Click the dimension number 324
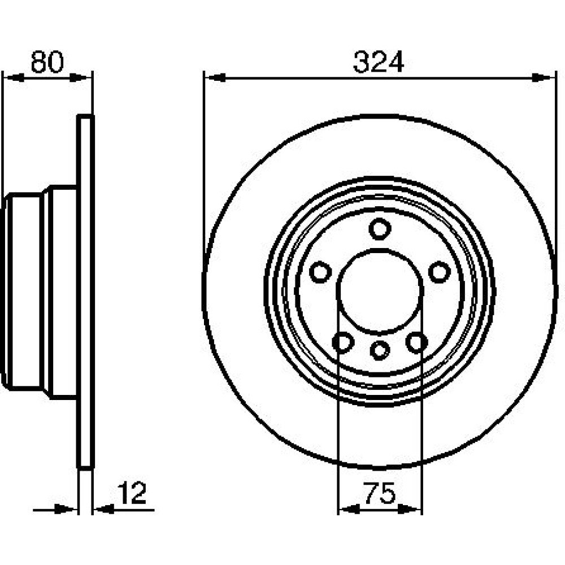click(x=379, y=62)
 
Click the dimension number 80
click(x=47, y=62)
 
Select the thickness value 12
click(x=132, y=493)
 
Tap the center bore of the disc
click(x=380, y=291)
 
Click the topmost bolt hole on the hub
click(x=380, y=229)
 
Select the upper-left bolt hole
click(x=320, y=272)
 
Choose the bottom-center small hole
click(x=380, y=350)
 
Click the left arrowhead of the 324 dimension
click(x=215, y=77)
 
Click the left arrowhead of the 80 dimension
click(x=14, y=77)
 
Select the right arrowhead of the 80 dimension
click(x=80, y=77)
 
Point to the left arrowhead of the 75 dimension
click(x=350, y=509)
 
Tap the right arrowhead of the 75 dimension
click(x=410, y=509)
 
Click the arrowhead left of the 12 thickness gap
click(x=66, y=510)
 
